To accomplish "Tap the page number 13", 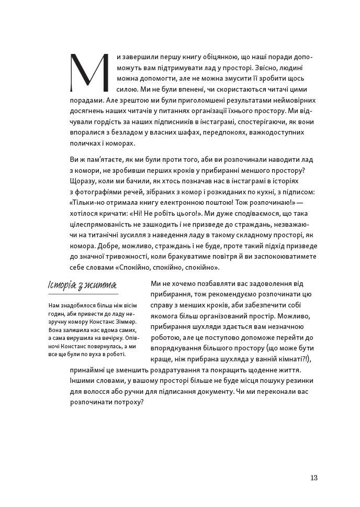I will (313, 477).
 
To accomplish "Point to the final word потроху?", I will (127, 402).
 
